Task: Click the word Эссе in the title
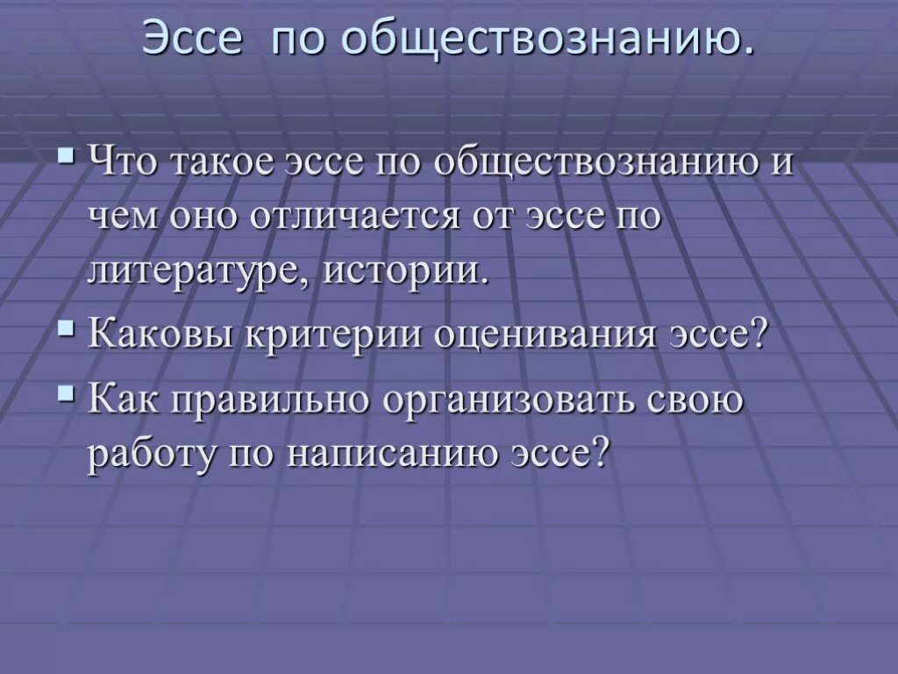coord(194,39)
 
